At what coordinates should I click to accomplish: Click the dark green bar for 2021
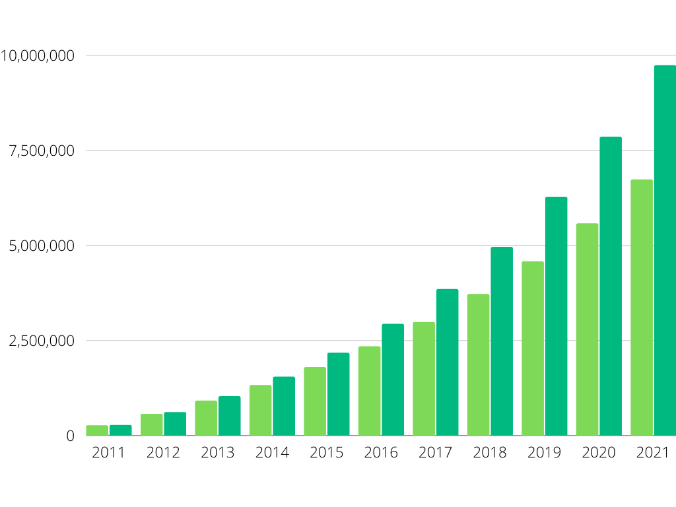click(665, 251)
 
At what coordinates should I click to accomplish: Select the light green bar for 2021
click(642, 308)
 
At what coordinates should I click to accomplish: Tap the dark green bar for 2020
click(611, 287)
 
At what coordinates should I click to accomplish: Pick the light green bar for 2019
click(533, 349)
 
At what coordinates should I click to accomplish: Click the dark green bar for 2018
click(502, 341)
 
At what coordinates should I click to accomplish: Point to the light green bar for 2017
click(424, 379)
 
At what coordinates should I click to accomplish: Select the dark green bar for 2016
click(393, 380)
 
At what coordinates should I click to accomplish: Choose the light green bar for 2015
click(315, 401)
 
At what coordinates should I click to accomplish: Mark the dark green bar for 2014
click(284, 406)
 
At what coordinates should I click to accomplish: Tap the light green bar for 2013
click(206, 418)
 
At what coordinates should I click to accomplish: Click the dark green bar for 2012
click(175, 424)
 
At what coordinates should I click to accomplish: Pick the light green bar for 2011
click(97, 430)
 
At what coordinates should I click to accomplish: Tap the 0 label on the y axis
click(71, 436)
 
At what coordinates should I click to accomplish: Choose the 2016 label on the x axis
click(381, 453)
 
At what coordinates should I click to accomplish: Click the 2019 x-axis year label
click(544, 453)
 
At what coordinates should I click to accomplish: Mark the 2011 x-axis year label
click(109, 453)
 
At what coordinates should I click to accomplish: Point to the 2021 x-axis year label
click(653, 453)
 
